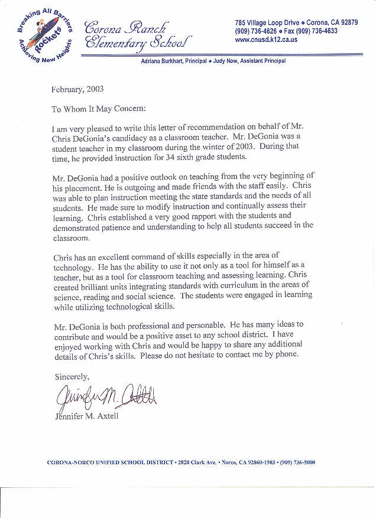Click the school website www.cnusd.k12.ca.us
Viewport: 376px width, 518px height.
(266, 40)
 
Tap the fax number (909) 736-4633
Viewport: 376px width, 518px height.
(317, 31)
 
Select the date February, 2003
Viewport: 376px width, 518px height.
(77, 90)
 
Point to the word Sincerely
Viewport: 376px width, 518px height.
(72, 376)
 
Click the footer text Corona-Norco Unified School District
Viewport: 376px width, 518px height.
(110, 462)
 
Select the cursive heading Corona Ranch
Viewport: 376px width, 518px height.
(125, 27)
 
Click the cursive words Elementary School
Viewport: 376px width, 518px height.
(137, 42)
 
